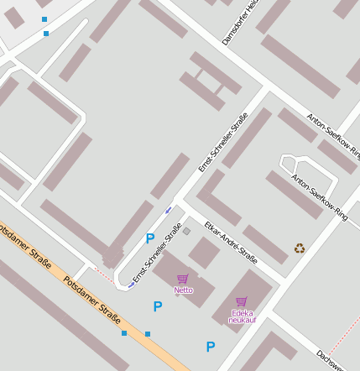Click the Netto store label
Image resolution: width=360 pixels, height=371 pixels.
click(183, 290)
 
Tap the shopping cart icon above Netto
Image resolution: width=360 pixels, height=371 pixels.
click(183, 279)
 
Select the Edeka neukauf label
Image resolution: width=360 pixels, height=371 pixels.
click(242, 316)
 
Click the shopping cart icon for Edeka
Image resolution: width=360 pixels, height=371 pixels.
click(242, 301)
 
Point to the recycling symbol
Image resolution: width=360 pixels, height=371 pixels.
click(300, 248)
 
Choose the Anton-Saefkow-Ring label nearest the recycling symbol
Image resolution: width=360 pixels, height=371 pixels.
click(319, 197)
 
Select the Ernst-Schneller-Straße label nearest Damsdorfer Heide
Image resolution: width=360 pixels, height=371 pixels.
click(223, 142)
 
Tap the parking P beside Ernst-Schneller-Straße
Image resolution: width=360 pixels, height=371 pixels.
click(150, 238)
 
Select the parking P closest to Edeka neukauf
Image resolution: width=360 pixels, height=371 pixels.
click(211, 347)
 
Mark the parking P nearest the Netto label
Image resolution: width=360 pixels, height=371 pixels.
click(157, 307)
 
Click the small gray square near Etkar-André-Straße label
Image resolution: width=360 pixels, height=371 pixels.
click(186, 231)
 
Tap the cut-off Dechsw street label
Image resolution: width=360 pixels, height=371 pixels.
click(339, 360)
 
